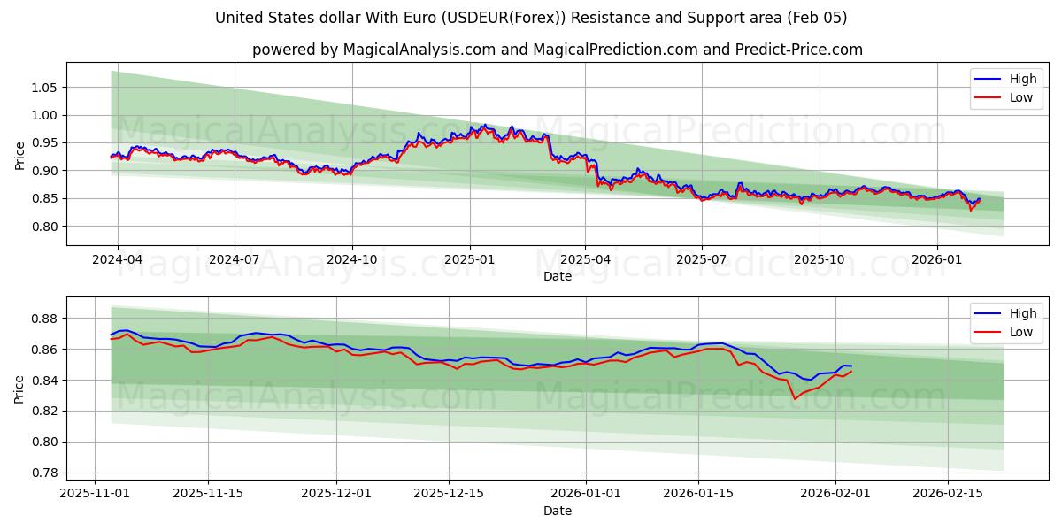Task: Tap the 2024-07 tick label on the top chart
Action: click(x=235, y=260)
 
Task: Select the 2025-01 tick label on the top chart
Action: click(x=469, y=260)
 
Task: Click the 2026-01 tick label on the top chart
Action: click(x=936, y=260)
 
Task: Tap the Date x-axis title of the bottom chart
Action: click(x=558, y=511)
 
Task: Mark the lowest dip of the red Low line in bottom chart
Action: click(x=794, y=398)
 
